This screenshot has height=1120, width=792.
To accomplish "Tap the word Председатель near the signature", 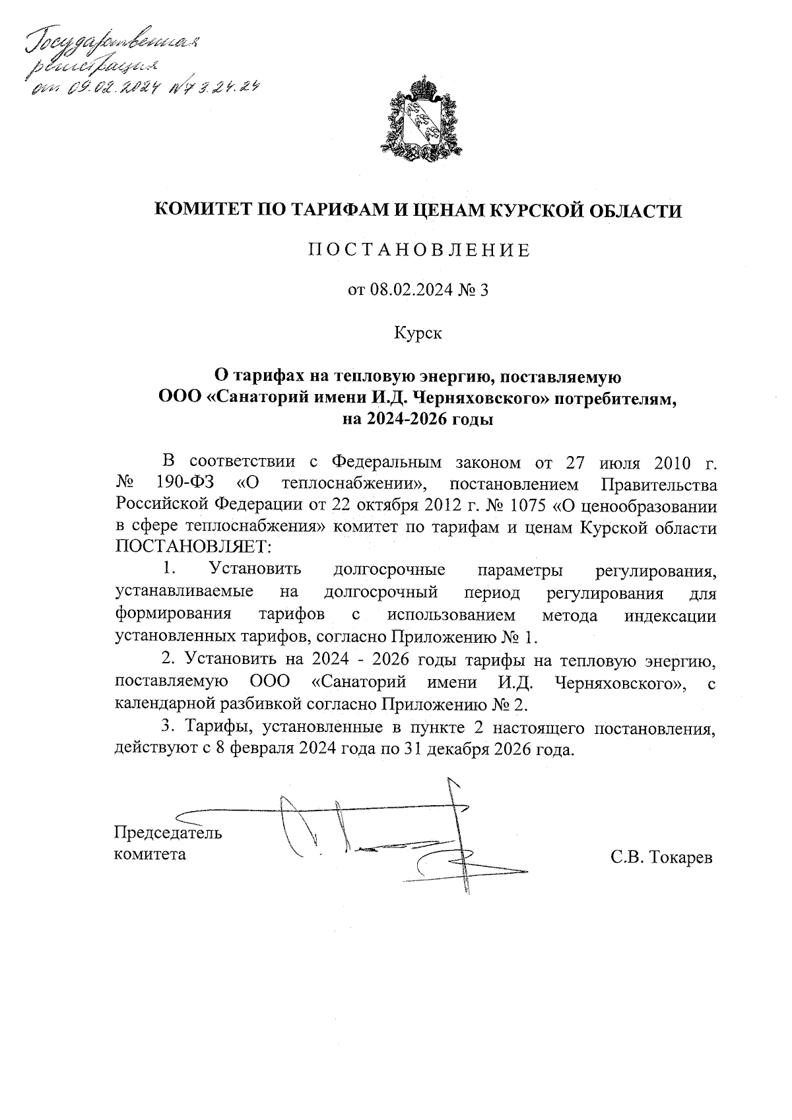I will (168, 832).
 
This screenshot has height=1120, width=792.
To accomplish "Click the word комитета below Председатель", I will (150, 854).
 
